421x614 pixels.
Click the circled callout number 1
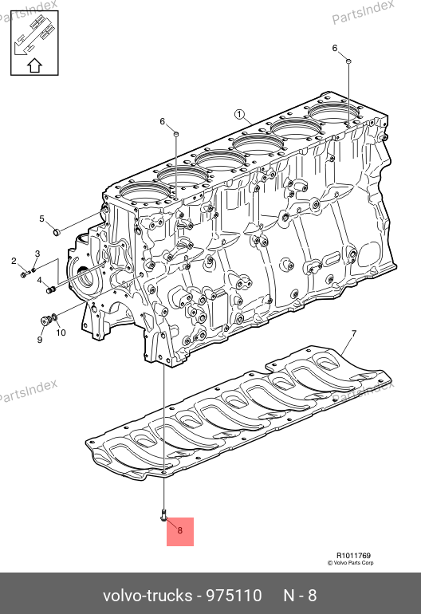pos(239,114)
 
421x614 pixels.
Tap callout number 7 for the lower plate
pos(354,333)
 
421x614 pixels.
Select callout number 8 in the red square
pos(180,530)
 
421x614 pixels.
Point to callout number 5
pos(42,218)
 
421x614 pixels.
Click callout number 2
pos(14,261)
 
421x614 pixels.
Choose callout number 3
pos(37,254)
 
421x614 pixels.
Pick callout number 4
pos(39,281)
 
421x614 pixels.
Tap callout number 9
pos(40,340)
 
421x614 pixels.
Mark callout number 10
pos(61,333)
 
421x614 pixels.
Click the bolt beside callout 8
pos(163,515)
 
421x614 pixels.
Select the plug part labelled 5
pos(56,232)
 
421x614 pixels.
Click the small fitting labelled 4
pos(50,290)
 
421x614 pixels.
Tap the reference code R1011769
pos(354,555)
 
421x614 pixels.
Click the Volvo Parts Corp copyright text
pos(351,563)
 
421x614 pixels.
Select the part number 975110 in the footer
pos(234,596)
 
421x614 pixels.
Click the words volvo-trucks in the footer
pos(148,596)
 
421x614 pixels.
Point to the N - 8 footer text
pos(300,596)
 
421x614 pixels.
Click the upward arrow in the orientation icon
pos(34,65)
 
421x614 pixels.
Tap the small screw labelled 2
pos(24,274)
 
